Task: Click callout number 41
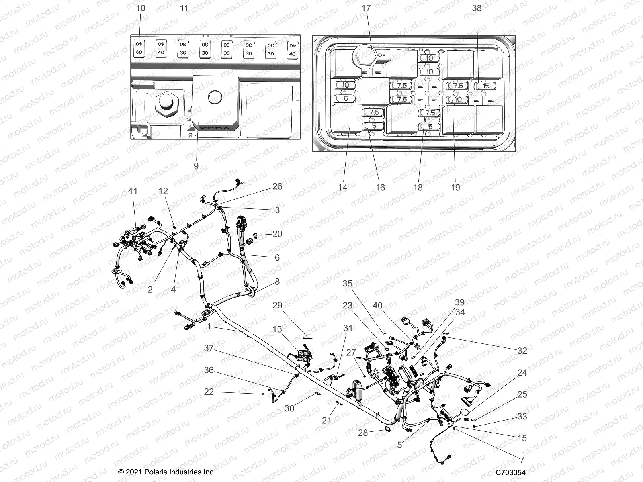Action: click(132, 191)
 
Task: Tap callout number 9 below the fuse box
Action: click(196, 166)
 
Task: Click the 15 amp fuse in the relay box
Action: click(486, 86)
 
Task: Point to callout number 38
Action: click(476, 8)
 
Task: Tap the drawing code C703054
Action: click(510, 472)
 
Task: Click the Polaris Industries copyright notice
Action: click(167, 472)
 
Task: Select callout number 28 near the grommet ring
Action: click(363, 433)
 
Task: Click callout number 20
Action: click(277, 234)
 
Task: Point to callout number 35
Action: click(347, 284)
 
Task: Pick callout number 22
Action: click(209, 392)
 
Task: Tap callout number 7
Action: click(522, 460)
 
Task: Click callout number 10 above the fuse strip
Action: click(141, 8)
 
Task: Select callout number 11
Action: click(184, 8)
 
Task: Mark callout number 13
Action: click(277, 329)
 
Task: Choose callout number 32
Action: click(522, 351)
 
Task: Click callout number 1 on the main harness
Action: click(209, 327)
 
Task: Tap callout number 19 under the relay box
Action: click(455, 187)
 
